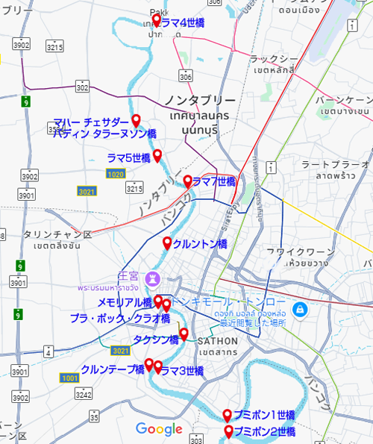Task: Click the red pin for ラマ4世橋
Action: point(156,20)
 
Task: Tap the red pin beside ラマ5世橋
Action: point(157,155)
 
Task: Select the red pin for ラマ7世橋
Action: point(188,181)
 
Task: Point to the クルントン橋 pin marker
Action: point(167,243)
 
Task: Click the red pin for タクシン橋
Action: point(184,334)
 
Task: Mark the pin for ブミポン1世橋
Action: point(228,415)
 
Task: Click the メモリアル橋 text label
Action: point(125,303)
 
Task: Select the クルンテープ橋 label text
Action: point(112,369)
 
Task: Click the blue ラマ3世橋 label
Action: point(182,371)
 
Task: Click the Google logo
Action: point(159,429)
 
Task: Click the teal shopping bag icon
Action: point(298,307)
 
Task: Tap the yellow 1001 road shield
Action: point(70,378)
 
